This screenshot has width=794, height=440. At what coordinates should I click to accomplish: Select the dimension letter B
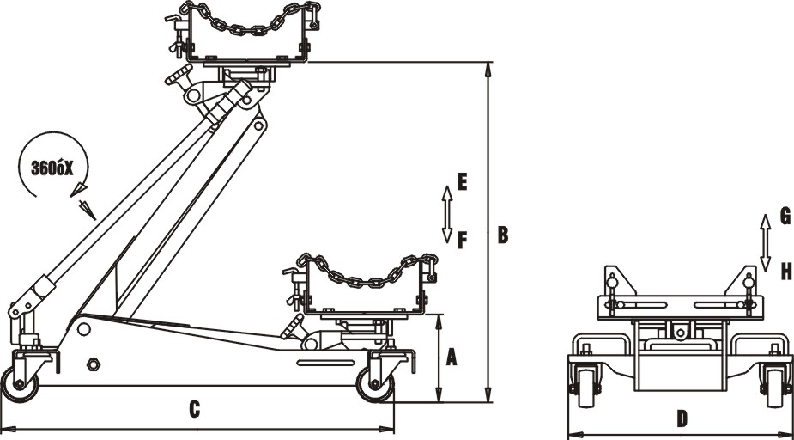[502, 234]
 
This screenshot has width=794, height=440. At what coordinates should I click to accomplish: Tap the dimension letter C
[194, 410]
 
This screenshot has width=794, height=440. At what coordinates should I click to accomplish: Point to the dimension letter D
[682, 419]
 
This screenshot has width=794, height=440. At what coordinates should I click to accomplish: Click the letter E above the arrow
[462, 181]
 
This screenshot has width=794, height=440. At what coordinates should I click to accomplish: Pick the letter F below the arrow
[462, 240]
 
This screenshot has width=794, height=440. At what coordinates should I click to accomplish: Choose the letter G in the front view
[785, 215]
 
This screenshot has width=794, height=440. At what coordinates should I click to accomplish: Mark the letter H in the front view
[785, 272]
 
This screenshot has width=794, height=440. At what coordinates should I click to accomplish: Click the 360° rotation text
[48, 168]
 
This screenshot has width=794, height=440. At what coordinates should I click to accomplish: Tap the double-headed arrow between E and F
[446, 212]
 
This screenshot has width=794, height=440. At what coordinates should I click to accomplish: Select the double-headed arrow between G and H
[763, 242]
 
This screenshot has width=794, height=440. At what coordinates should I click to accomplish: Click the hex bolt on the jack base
[93, 364]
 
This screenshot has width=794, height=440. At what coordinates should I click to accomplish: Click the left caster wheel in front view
[586, 388]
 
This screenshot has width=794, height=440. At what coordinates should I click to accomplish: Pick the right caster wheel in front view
[776, 388]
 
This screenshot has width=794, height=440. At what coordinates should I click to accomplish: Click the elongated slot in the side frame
[325, 363]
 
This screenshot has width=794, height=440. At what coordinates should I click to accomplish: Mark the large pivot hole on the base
[83, 329]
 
